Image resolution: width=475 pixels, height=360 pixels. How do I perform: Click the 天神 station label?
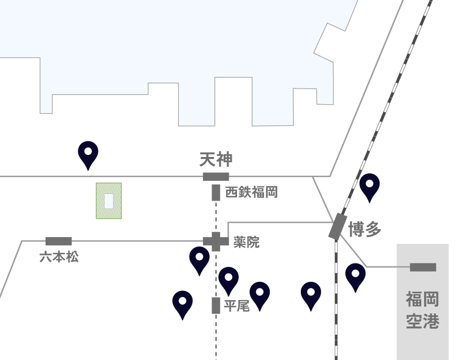click(x=216, y=160)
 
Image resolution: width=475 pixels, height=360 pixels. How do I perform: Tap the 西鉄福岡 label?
click(x=251, y=192)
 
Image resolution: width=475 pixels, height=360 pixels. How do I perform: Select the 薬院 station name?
click(x=246, y=242)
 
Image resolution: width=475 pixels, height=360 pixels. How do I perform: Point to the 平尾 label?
click(x=237, y=306)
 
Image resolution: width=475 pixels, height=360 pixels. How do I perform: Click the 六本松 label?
click(x=59, y=257)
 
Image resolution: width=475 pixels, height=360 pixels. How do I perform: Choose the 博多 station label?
click(x=365, y=229)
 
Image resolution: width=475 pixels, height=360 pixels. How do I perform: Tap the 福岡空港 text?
click(x=423, y=310)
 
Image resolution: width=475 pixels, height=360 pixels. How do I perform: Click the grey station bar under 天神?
click(x=216, y=177)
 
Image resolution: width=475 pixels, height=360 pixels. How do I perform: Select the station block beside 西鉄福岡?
click(x=216, y=192)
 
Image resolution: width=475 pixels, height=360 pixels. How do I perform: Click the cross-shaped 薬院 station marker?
click(x=216, y=241)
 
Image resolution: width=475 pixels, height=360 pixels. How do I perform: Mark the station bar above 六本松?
click(x=59, y=241)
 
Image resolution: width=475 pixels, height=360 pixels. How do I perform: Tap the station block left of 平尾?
click(x=216, y=305)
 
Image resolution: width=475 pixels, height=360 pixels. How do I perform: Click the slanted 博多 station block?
click(x=338, y=226)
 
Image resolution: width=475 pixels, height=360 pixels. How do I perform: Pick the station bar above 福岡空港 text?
click(x=423, y=267)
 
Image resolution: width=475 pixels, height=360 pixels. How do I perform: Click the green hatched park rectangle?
click(x=109, y=201)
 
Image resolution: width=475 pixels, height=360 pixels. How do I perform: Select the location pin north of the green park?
click(x=88, y=155)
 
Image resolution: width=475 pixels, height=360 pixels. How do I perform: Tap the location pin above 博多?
click(x=369, y=187)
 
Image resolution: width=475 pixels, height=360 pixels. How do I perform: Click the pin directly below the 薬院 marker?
click(x=199, y=260)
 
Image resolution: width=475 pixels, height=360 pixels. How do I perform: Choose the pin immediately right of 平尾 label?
click(x=260, y=296)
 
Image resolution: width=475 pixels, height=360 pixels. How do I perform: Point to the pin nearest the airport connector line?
click(x=356, y=277)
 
